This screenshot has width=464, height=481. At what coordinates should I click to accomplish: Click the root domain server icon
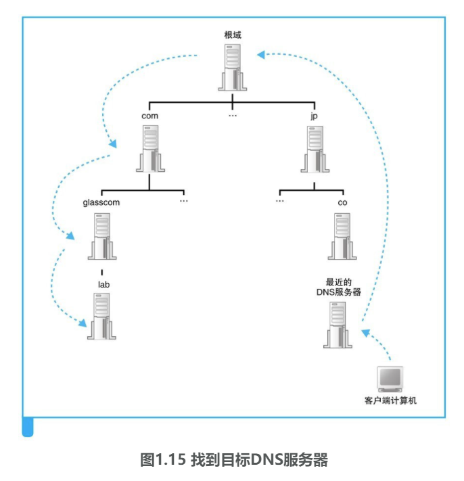pyautogui.click(x=232, y=67)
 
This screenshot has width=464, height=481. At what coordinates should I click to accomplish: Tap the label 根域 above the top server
pyautogui.click(x=233, y=34)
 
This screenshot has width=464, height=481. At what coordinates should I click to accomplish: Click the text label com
pyautogui.click(x=150, y=116)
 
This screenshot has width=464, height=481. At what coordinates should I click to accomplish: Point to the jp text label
pyautogui.click(x=314, y=116)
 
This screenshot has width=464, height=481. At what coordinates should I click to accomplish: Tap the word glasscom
pyautogui.click(x=101, y=202)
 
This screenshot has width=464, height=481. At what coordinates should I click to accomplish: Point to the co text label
pyautogui.click(x=343, y=202)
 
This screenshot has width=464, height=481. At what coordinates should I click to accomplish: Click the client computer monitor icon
pyautogui.click(x=390, y=379)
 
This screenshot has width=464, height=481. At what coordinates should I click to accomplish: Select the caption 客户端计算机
pyautogui.click(x=391, y=400)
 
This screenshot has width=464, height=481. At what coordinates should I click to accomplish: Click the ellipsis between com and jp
pyautogui.click(x=233, y=116)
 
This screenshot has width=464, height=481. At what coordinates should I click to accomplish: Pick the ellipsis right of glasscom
pyautogui.click(x=183, y=202)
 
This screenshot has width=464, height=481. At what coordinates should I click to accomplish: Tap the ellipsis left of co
pyautogui.click(x=280, y=202)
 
